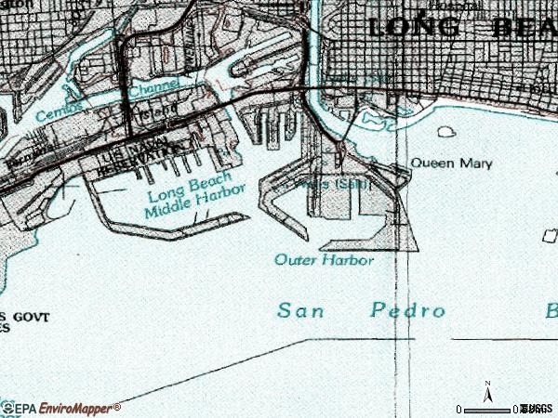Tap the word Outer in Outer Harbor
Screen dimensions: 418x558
click(297, 260)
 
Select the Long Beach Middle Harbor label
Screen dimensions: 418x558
click(194, 199)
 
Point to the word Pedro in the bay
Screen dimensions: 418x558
click(407, 310)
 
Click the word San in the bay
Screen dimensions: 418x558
click(299, 310)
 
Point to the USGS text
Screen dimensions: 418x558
click(537, 409)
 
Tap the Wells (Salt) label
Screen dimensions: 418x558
click(335, 184)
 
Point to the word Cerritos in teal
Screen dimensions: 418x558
click(58, 113)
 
